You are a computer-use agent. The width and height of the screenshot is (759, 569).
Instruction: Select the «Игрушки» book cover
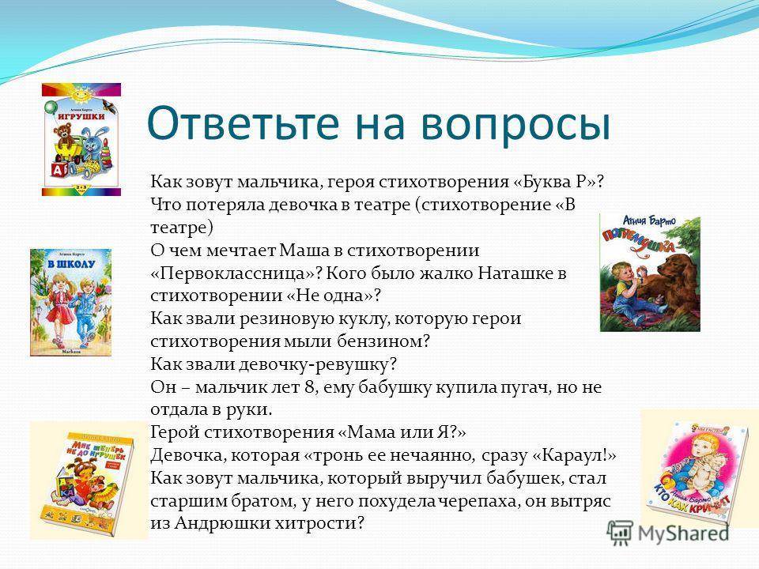click(x=81, y=139)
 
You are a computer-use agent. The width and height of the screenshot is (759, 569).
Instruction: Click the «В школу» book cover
click(x=70, y=303)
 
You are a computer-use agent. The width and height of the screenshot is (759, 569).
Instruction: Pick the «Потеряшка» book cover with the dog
click(x=650, y=273)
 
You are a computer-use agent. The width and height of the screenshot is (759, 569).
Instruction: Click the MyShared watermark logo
click(x=669, y=533)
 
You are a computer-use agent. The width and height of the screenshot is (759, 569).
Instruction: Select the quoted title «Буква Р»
click(x=553, y=182)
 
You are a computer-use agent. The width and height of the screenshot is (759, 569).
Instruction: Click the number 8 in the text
click(x=310, y=387)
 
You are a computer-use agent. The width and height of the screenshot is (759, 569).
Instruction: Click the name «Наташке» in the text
click(x=516, y=273)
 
